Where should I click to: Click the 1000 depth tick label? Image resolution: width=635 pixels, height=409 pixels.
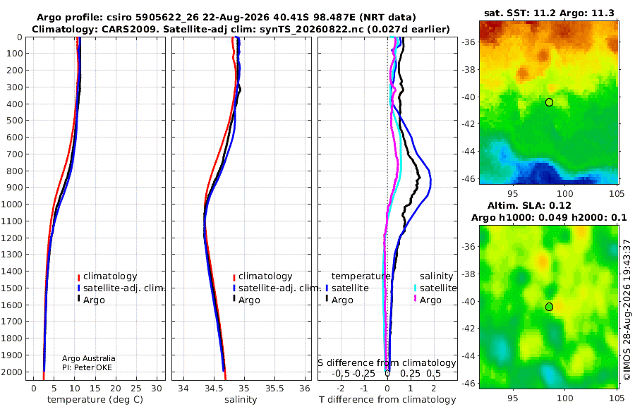(14, 204)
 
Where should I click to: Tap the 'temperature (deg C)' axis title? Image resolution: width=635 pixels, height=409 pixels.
(95, 399)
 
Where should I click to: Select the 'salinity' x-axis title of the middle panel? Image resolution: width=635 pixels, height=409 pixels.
(241, 399)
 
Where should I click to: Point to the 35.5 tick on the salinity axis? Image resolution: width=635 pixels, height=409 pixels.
(274, 388)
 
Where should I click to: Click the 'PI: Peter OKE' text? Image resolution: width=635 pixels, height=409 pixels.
(87, 367)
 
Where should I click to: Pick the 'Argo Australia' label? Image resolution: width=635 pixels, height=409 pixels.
(89, 358)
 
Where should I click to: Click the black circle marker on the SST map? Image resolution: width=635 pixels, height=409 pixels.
(549, 102)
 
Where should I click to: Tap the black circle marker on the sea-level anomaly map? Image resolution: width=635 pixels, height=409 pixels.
(549, 307)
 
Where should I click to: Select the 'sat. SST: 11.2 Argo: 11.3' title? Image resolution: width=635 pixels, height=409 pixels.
(549, 13)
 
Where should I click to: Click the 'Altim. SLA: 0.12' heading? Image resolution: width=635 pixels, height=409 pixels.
(529, 205)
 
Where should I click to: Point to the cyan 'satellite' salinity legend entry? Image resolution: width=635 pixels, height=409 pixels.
(435, 288)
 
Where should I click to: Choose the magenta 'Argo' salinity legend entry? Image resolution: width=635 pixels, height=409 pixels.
(428, 300)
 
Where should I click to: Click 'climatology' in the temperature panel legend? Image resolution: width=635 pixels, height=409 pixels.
(108, 276)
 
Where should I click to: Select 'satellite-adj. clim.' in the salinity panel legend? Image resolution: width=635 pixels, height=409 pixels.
(277, 288)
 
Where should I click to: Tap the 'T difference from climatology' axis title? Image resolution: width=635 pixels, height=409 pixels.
(387, 399)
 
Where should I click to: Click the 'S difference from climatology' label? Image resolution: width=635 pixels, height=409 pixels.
(387, 362)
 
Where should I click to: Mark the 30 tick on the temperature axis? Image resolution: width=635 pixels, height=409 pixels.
(157, 388)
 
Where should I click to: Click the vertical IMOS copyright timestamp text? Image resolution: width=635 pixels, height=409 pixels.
(627, 310)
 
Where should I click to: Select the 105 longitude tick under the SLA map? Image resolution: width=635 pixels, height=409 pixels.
(617, 398)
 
